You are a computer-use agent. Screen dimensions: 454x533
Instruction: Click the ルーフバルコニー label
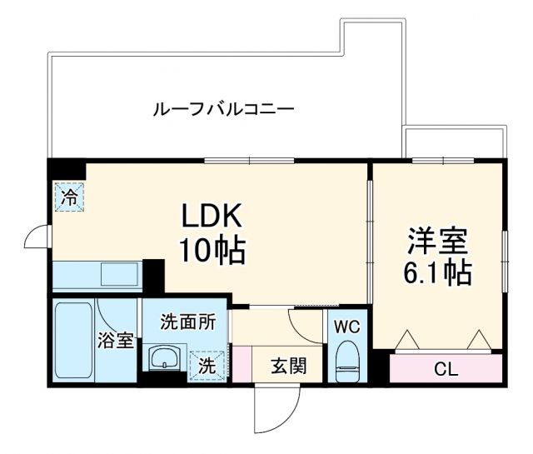click(222, 108)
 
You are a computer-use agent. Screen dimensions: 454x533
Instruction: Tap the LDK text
click(212, 217)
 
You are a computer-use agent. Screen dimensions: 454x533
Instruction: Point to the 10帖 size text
click(212, 250)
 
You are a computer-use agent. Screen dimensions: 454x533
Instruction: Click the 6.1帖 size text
click(437, 272)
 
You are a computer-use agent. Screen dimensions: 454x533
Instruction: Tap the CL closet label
click(446, 368)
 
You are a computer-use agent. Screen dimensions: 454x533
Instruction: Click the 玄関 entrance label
click(287, 366)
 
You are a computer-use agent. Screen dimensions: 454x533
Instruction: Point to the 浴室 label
click(116, 340)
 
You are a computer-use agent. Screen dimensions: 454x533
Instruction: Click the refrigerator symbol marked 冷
click(70, 197)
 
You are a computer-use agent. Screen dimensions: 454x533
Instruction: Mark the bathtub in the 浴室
click(72, 342)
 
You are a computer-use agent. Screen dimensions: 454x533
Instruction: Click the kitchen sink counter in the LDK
click(97, 273)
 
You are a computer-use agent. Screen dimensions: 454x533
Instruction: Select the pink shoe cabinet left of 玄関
click(241, 364)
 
